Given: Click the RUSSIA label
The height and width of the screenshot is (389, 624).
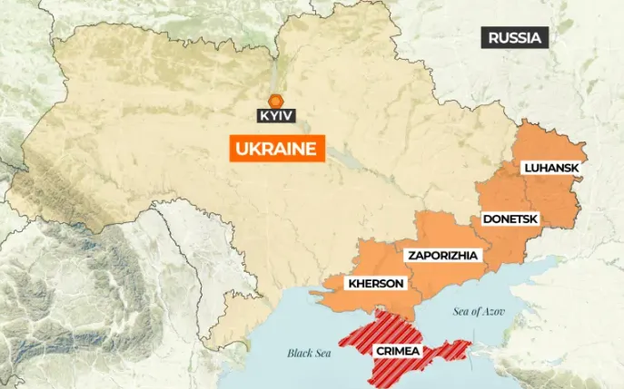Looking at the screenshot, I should pos(514,37).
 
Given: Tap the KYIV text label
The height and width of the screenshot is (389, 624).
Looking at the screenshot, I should pos(276,117).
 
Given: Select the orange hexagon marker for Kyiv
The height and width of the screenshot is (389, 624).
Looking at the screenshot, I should pos(276,101).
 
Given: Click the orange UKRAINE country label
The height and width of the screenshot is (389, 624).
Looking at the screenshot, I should pos(277,149).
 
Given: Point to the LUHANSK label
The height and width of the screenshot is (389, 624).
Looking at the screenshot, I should pos(550,168).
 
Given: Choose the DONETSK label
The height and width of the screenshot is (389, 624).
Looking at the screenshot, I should pos(510,219).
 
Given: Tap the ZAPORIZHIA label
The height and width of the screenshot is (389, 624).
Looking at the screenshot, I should pos(441,255).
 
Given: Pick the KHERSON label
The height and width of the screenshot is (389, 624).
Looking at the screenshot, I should pos(375,284).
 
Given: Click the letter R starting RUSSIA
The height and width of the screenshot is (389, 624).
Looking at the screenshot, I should pos(493,37).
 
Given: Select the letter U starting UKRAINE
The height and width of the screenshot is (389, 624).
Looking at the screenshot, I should pos(239,149).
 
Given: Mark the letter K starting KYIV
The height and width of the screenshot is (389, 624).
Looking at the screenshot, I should pos(263,117).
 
